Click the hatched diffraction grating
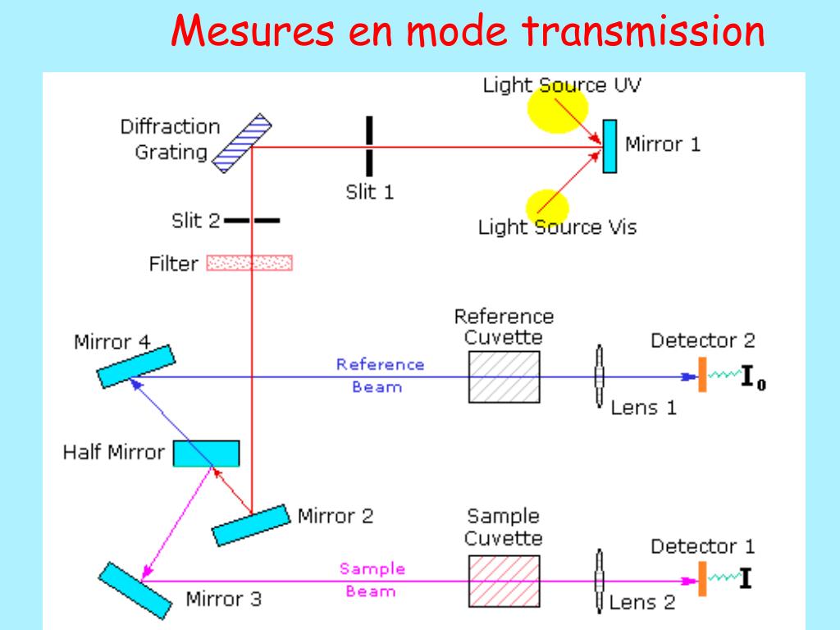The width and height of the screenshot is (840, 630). (242, 144)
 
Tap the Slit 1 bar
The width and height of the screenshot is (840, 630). (369, 146)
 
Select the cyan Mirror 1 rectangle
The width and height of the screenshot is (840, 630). (609, 146)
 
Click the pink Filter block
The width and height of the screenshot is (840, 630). (250, 263)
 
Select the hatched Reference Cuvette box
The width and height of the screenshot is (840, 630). (504, 377)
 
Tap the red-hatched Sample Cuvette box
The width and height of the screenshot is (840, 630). (504, 580)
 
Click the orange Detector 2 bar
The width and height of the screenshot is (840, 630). (702, 375)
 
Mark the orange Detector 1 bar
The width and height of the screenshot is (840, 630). (702, 578)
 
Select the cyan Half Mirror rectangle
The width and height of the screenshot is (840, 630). (206, 453)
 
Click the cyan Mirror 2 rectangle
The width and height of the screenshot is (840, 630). (252, 524)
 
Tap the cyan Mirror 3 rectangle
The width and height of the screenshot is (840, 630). (135, 590)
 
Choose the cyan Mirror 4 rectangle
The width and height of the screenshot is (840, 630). (136, 366)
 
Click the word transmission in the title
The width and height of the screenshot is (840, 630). (642, 33)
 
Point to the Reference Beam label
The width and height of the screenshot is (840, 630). (380, 375)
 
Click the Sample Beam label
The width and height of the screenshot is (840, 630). (372, 579)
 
